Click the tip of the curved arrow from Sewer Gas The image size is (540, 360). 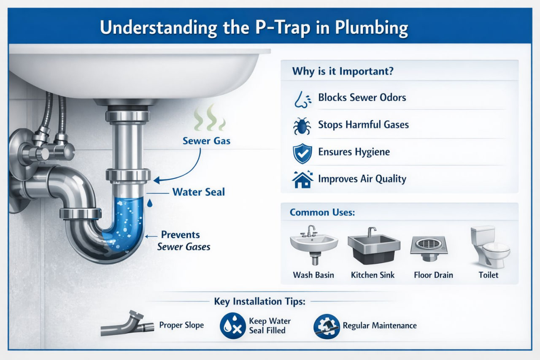(x=154, y=180)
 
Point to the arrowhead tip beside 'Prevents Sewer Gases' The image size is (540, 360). (x=145, y=236)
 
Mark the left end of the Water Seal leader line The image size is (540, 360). (x=146, y=193)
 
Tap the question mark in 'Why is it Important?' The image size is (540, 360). (x=390, y=71)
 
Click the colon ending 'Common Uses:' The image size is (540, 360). (x=353, y=213)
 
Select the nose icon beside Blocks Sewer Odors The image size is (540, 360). (x=302, y=99)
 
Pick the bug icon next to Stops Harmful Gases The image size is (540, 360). (x=302, y=126)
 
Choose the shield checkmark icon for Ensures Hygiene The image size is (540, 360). (x=302, y=153)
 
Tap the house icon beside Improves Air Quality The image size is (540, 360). (x=302, y=179)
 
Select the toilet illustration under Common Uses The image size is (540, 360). (x=490, y=247)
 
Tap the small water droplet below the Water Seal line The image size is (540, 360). (x=150, y=203)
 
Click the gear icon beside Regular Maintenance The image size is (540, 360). (x=327, y=326)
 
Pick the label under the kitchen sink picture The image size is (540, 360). (x=373, y=275)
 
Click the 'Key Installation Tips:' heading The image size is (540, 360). (x=259, y=301)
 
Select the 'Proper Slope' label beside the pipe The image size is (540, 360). (x=181, y=325)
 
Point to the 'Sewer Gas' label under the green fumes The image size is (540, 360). (x=206, y=141)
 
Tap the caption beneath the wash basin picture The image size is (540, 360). (x=313, y=275)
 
